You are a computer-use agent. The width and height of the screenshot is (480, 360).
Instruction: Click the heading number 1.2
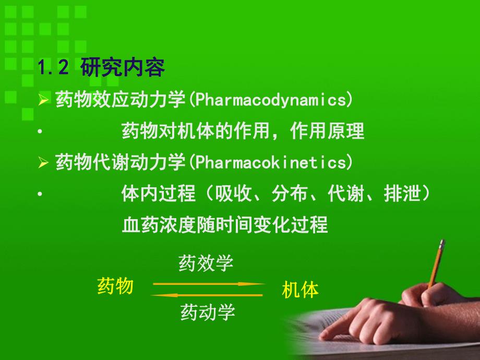(x=53, y=67)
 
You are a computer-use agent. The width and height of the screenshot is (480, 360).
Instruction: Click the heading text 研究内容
(x=123, y=67)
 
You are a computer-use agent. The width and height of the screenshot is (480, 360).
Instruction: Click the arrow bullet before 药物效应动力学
(x=43, y=100)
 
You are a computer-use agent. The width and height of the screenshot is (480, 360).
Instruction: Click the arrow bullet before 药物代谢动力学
(x=43, y=162)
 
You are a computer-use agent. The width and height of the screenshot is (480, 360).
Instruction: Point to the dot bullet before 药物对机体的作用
(x=40, y=131)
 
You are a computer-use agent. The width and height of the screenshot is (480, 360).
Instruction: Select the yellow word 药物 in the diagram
(x=115, y=286)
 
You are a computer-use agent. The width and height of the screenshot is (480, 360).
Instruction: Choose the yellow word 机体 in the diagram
(x=300, y=290)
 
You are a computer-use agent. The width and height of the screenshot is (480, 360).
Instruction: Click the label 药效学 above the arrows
(x=206, y=263)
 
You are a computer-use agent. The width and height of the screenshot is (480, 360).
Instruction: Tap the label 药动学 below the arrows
(x=208, y=312)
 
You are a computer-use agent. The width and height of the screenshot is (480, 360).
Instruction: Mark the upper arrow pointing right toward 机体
(x=209, y=284)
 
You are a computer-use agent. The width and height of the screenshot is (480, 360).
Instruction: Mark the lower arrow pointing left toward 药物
(x=207, y=295)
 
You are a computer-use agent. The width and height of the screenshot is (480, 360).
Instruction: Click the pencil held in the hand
(x=436, y=264)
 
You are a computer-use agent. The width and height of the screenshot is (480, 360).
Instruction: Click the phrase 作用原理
(x=327, y=131)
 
